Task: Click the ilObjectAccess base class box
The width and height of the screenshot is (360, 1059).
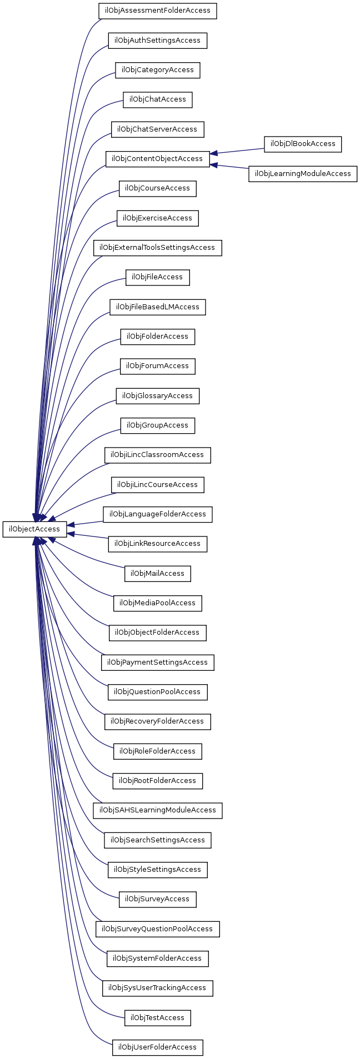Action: click(x=34, y=529)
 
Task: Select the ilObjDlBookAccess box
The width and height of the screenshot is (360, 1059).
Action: click(x=303, y=144)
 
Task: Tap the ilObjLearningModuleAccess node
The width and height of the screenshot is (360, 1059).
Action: click(x=303, y=173)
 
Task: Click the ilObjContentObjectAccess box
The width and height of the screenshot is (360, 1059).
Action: click(x=157, y=159)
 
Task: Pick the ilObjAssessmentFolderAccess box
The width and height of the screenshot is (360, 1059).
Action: click(x=157, y=11)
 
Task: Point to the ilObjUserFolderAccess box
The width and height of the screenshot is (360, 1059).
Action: click(x=157, y=1047)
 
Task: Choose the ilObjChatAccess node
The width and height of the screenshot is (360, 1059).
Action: click(x=157, y=99)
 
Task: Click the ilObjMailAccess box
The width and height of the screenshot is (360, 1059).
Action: click(x=157, y=573)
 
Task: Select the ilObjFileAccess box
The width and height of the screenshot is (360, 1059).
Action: click(x=157, y=277)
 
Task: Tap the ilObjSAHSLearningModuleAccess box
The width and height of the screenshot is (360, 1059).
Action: click(x=157, y=810)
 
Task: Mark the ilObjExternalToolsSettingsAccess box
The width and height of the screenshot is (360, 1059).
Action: click(x=157, y=248)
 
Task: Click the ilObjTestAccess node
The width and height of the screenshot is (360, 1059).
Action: click(x=157, y=1017)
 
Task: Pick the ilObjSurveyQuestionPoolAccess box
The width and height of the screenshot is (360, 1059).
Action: click(x=157, y=928)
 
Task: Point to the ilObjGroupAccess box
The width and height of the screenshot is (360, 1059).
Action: click(x=157, y=425)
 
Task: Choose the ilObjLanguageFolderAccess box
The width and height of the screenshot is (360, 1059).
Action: click(x=157, y=514)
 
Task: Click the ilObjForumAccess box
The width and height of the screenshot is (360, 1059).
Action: click(x=157, y=366)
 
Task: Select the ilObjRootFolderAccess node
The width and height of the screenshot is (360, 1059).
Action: click(x=157, y=780)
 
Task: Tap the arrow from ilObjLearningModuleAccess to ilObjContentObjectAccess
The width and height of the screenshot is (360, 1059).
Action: click(x=229, y=166)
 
